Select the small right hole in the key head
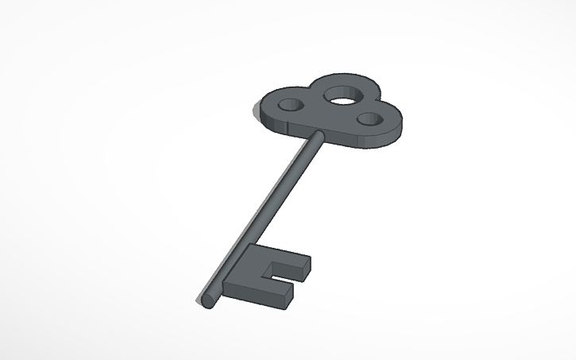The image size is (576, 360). [x=369, y=119]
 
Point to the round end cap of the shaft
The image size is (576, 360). [x=207, y=300]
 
